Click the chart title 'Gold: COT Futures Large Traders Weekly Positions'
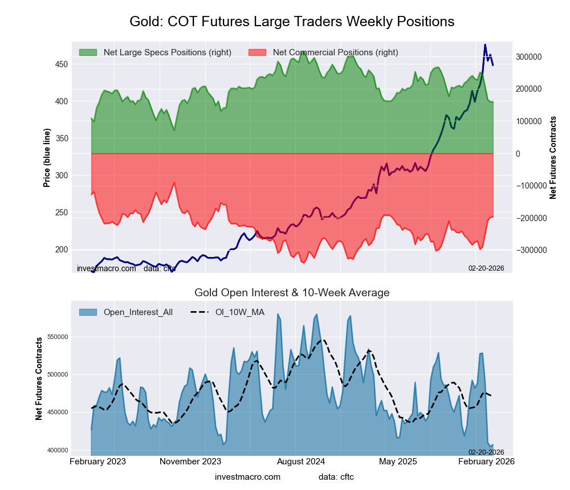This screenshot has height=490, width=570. (291, 22)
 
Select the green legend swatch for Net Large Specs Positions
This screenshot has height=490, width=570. (88, 52)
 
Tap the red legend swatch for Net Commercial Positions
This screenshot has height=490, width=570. (258, 52)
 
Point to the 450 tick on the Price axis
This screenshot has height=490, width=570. (61, 64)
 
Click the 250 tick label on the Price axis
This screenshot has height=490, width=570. (61, 213)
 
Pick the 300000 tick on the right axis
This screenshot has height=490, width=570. (528, 57)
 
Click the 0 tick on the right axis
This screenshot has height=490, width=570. (518, 154)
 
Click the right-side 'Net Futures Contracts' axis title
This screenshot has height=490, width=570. (553, 157)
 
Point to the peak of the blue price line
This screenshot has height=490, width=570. (485, 44)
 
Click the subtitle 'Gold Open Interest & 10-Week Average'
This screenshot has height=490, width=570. (292, 293)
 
